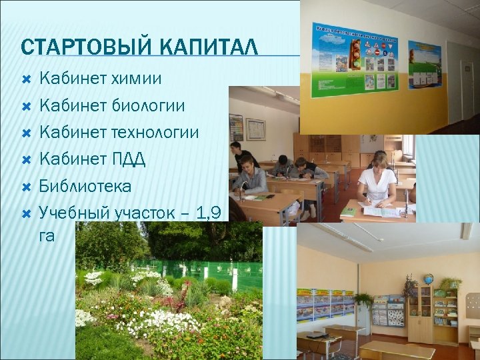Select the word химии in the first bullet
coord(138,79)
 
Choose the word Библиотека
coord(85,185)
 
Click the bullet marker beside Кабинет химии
coord(26,79)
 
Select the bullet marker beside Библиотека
coord(26,186)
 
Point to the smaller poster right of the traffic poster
coord(425,65)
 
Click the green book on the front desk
coord(348,212)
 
